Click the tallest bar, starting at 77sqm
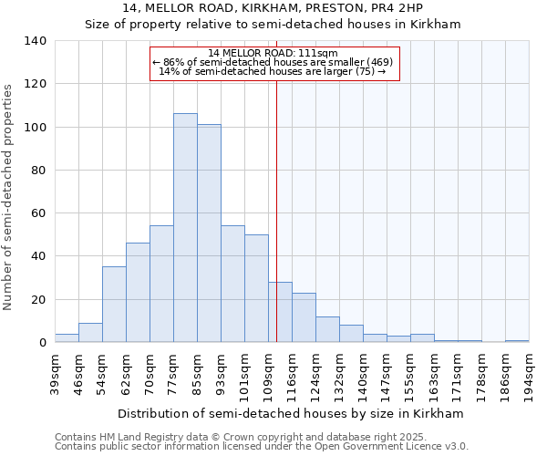(185, 228)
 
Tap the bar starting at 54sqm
(114, 305)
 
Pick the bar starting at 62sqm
(138, 293)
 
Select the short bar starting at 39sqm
(67, 338)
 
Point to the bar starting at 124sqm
(327, 329)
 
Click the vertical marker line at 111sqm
(276, 210)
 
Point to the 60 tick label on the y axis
(38, 213)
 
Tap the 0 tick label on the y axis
(42, 343)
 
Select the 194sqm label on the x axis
(529, 371)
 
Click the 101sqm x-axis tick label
(244, 371)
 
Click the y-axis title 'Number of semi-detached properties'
(9, 196)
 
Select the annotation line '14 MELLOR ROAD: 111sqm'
(273, 53)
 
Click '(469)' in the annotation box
(380, 62)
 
